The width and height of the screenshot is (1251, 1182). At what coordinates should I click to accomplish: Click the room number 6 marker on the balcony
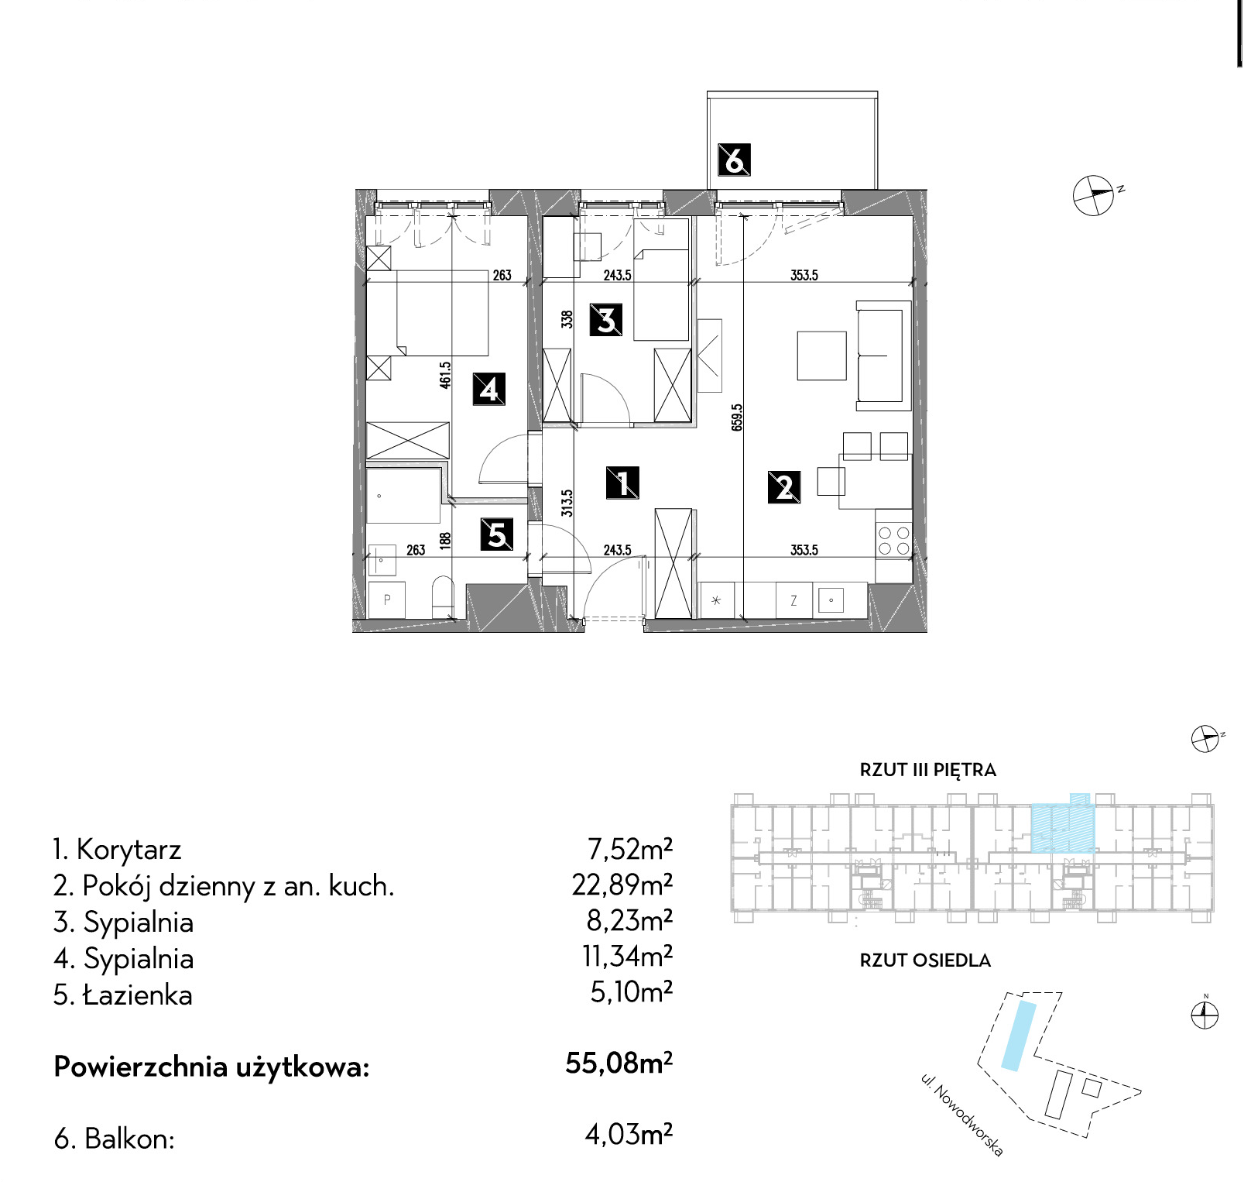tap(734, 160)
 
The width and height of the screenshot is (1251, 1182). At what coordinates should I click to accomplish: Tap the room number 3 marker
tap(606, 319)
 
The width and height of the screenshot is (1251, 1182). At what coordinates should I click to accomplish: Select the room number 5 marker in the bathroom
tap(496, 534)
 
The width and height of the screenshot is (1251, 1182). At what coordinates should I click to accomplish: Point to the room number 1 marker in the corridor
tap(622, 483)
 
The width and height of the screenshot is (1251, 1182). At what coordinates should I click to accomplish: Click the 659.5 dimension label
tap(737, 417)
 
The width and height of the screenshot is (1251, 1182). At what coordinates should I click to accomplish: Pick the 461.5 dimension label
tap(445, 374)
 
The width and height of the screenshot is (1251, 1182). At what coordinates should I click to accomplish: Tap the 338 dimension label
tap(567, 319)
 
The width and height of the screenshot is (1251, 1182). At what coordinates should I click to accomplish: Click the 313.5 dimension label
tap(567, 503)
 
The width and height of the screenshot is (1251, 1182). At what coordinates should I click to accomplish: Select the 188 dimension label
tap(445, 541)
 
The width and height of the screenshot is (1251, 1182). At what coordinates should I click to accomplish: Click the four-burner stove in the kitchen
tap(893, 541)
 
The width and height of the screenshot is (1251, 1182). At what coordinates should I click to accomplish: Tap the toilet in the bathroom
tap(442, 596)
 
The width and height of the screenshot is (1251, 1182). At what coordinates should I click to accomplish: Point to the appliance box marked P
tap(387, 600)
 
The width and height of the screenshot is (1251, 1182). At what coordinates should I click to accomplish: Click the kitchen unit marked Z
tap(793, 600)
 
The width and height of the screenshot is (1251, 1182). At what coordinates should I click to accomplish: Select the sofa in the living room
tap(883, 356)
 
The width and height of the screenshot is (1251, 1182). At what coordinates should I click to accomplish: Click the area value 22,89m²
tap(622, 885)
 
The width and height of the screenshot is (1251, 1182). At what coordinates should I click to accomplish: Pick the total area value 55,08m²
tap(619, 1063)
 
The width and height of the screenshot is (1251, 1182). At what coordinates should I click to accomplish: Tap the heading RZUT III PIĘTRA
tap(927, 770)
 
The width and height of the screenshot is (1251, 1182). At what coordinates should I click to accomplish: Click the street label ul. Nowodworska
tap(961, 1115)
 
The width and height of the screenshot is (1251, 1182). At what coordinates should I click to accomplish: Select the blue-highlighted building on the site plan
tap(1019, 1036)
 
